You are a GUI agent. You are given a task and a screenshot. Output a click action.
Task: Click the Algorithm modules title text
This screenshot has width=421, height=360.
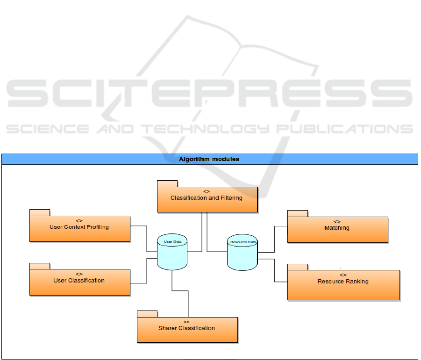[x=209, y=159]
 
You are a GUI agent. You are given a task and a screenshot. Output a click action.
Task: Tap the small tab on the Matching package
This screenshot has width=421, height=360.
[x=297, y=213]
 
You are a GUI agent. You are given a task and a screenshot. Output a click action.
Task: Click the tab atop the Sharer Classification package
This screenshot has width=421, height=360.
[x=147, y=314]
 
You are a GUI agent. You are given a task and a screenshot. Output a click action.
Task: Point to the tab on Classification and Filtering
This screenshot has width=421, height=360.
[x=167, y=183]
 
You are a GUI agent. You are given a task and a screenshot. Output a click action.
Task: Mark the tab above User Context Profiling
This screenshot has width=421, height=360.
[x=40, y=212]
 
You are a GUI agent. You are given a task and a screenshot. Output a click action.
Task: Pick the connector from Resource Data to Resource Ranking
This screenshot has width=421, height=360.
[x=274, y=271]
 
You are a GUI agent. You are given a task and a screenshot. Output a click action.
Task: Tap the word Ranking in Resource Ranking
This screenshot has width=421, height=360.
[x=357, y=282]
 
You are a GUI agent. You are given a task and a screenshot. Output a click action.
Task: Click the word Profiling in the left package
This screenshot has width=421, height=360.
[x=97, y=227]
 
